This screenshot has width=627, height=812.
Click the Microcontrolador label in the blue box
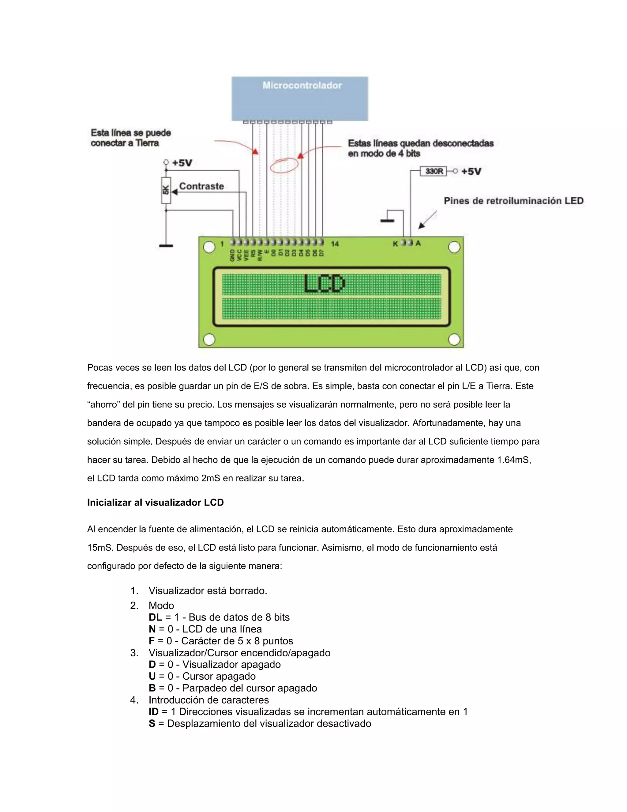(x=302, y=85)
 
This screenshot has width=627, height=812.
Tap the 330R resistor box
(x=434, y=171)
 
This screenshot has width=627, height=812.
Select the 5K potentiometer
(x=166, y=190)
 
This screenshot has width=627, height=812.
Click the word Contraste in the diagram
(x=201, y=186)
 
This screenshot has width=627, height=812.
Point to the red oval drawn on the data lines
(x=284, y=165)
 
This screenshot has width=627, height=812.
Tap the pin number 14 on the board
(x=335, y=244)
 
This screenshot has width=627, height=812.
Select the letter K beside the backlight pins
(x=395, y=244)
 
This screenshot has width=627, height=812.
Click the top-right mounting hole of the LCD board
(x=454, y=247)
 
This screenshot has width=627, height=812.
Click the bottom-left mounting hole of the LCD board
(x=209, y=339)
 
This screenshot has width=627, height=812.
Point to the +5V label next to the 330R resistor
(x=471, y=171)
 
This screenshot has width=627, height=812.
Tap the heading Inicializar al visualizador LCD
(x=155, y=503)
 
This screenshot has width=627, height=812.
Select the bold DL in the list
(x=155, y=617)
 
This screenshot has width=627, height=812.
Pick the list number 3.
(x=134, y=653)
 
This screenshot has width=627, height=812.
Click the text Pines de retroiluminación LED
(x=514, y=201)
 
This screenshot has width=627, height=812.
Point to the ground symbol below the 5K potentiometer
(x=166, y=246)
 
